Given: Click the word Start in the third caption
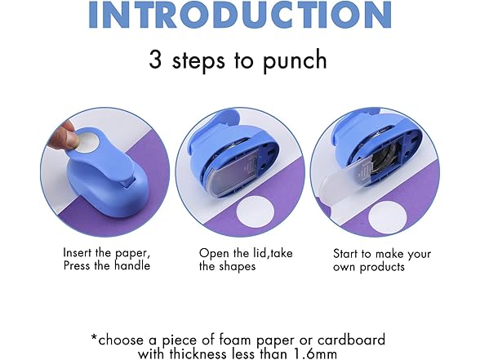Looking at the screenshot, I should pos(349,252).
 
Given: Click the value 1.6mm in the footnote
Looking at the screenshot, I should pos(338,354).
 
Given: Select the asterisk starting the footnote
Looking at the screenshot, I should pos(95,336).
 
